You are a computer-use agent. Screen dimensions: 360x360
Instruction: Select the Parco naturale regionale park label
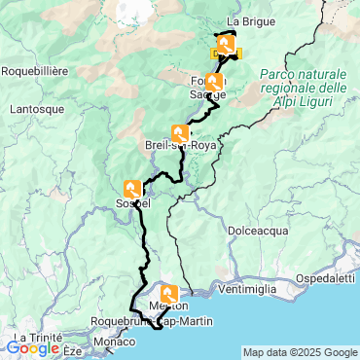[305, 89]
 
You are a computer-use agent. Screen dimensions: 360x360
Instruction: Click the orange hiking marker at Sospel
[134, 188]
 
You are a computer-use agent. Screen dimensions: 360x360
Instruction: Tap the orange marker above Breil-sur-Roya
[180, 133]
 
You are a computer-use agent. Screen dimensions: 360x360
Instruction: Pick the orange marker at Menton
[169, 293]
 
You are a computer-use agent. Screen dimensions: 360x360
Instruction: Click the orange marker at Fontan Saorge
[213, 82]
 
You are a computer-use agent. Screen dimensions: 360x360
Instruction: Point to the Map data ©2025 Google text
[300, 352]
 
